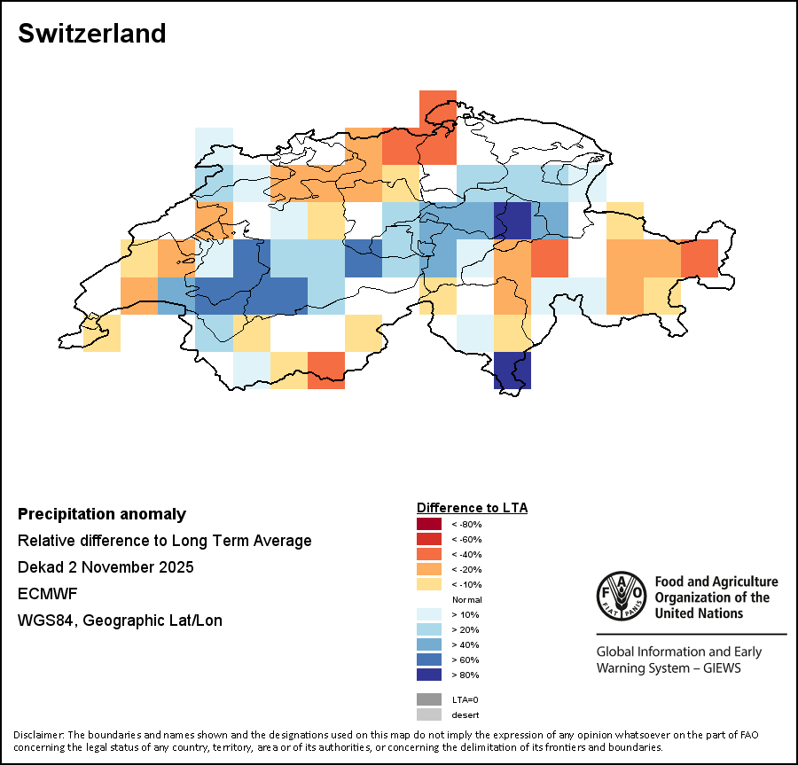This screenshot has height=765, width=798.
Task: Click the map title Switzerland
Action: (91, 34)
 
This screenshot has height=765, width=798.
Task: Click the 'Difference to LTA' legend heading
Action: (472, 508)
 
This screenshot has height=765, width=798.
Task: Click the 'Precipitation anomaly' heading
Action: (102, 514)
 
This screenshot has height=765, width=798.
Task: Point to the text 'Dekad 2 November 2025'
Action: (106, 567)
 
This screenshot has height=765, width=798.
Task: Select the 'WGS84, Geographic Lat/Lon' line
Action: (120, 621)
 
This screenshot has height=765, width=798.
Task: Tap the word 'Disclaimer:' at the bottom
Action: (39, 735)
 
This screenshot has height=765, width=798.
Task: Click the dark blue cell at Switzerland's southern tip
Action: (512, 371)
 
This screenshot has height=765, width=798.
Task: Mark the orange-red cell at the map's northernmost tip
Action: (437, 108)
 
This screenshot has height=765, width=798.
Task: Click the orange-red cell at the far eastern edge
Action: (700, 258)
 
